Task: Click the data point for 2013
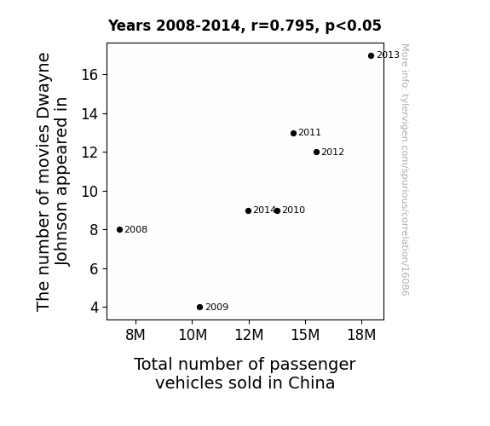coord(371,56)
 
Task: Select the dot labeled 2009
coord(200,308)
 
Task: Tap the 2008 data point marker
coord(119,230)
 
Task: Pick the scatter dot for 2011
coord(293,134)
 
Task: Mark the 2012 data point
coord(316,153)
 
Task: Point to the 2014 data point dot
coord(249,211)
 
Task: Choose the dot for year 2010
coord(277,211)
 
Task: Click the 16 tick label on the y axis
coord(89,75)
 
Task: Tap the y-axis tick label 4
coord(95,308)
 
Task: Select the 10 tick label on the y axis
coord(89,192)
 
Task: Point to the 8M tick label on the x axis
coord(135,335)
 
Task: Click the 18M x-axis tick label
coord(361,335)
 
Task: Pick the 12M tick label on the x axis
coord(249,335)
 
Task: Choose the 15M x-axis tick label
coord(305,335)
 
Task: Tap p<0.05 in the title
coord(353,26)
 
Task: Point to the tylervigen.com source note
coord(405,170)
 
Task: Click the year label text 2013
coord(388,55)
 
